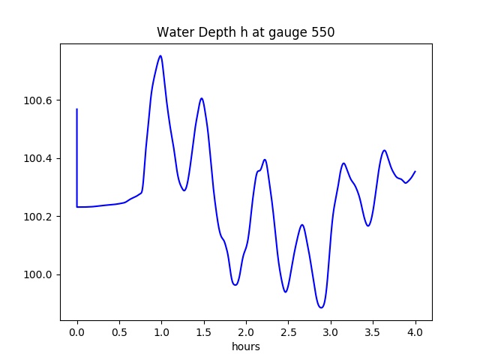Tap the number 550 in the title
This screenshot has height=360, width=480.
323,33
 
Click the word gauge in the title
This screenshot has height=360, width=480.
289,34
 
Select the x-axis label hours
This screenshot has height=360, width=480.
246,347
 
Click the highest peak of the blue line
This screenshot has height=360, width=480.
160,55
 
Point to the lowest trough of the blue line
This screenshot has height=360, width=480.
321,307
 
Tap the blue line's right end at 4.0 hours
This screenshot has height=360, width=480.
415,171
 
